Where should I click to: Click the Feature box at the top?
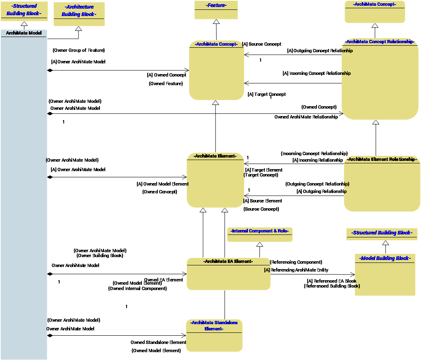pyautogui.click(x=216, y=10)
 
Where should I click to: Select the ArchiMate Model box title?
pyautogui.click(x=24, y=33)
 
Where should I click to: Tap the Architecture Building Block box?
pyautogui.click(x=79, y=14)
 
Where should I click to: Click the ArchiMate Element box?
pyautogui.click(x=215, y=180)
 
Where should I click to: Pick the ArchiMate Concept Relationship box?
pyautogui.click(x=379, y=79)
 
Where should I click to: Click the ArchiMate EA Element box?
pyautogui.click(x=228, y=274)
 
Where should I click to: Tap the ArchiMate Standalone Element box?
pyautogui.click(x=214, y=335)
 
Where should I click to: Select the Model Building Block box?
pyautogui.click(x=385, y=274)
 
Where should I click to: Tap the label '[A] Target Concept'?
pyautogui.click(x=266, y=94)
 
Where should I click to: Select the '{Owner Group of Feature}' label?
pyautogui.click(x=79, y=50)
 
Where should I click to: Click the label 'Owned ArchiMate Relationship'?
pyautogui.click(x=306, y=117)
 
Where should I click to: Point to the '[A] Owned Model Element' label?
pyautogui.click(x=162, y=184)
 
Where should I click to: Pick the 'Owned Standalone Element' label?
pyautogui.click(x=158, y=342)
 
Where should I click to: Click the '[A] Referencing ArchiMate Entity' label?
pyautogui.click(x=296, y=270)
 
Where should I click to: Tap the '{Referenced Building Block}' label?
pyautogui.click(x=331, y=286)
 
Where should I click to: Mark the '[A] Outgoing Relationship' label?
pyautogui.click(x=322, y=191)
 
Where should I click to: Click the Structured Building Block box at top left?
pyautogui.click(x=24, y=10)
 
